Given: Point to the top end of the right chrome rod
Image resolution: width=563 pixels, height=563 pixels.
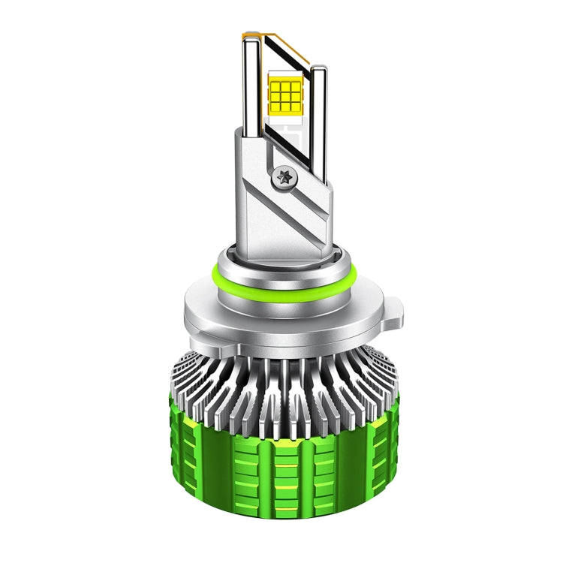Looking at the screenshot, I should [x=319, y=69].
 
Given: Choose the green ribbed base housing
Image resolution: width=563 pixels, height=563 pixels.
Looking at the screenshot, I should [x=281, y=480].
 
